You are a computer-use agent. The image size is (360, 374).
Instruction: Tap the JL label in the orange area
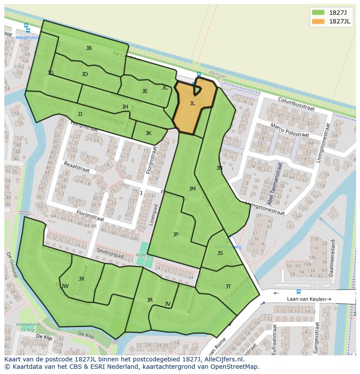coord(192,103)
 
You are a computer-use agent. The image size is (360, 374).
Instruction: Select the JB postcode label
coord(89,48)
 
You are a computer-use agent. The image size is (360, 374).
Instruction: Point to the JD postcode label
coord(85,74)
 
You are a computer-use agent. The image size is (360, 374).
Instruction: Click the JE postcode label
coord(145,91)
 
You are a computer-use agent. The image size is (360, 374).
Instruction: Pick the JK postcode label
coord(148,133)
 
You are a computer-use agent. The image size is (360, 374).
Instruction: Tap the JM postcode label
coord(192,189)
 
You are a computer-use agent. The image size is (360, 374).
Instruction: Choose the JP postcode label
coord(176,235)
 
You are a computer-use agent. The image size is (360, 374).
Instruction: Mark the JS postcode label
coord(220,253)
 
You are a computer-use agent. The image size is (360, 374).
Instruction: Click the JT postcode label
coord(228,287)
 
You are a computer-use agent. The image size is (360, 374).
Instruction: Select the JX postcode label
coord(81,279)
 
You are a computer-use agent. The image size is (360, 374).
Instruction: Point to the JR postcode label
coord(150,300)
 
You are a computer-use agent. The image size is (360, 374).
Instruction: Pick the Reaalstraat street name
coord(78,167)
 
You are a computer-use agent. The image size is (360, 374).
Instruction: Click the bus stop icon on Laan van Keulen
coord(298,291)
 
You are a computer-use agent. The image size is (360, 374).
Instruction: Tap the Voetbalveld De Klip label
coord(28,327)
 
